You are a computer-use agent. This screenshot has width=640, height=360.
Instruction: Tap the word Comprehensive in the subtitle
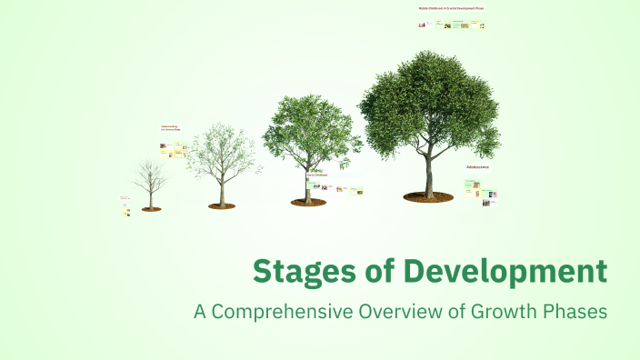[x=277, y=311]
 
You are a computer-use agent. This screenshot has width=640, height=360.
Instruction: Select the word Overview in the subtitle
[x=387, y=311]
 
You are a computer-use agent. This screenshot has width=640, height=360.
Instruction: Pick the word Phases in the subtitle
[x=573, y=311]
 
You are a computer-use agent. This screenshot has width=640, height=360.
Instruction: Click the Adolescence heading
[x=477, y=167]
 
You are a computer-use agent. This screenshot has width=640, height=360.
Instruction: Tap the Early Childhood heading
[x=317, y=175]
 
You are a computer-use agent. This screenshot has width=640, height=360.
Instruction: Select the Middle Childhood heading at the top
[x=451, y=8]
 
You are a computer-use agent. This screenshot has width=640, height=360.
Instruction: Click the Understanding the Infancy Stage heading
[x=171, y=128]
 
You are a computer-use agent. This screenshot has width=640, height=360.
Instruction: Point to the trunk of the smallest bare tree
[x=151, y=198]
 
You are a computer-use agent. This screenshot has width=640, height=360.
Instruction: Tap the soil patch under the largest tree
[x=428, y=195]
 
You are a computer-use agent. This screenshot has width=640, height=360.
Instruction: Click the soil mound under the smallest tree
[x=151, y=209]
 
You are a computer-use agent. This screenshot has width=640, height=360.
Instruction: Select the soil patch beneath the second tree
[x=221, y=206]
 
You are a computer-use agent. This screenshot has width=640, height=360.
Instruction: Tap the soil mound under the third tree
[x=308, y=203]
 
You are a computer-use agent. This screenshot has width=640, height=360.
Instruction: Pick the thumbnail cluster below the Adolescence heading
[x=481, y=193]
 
